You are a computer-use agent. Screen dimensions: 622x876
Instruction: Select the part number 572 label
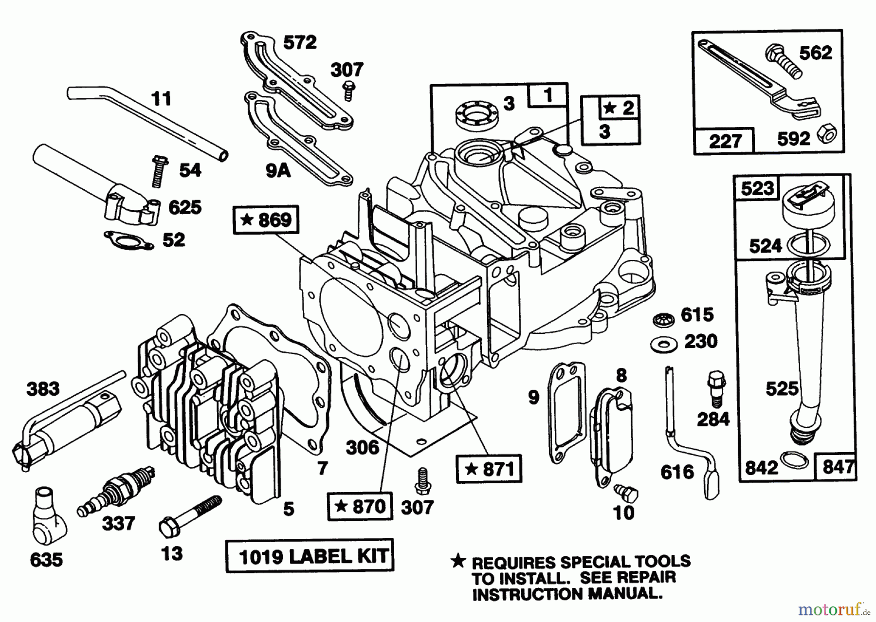[300, 42]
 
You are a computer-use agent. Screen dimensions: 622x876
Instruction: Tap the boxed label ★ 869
[266, 220]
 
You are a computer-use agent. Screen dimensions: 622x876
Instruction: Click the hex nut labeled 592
[823, 137]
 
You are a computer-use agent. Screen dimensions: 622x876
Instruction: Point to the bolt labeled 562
[783, 61]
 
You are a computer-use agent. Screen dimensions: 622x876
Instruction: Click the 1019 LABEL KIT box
[310, 556]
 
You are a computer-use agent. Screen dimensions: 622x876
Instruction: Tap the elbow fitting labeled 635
[49, 525]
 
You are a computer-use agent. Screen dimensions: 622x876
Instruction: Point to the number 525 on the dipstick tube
[782, 388]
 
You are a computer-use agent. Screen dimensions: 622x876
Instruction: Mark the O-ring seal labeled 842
[792, 459]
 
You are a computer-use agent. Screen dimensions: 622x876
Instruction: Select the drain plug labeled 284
[715, 387]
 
